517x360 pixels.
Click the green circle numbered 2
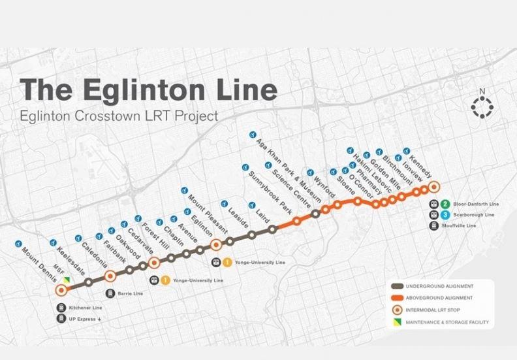pos(445,203)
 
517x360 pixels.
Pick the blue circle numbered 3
pos(445,214)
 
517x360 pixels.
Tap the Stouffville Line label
pos(472,225)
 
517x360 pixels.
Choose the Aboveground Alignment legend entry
pos(439,299)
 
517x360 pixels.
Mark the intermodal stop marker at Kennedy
pos(433,186)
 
